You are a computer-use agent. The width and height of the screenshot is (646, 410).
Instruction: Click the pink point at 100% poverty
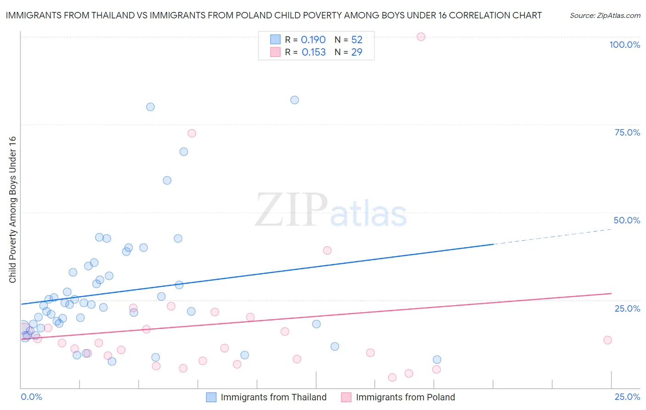[421, 37]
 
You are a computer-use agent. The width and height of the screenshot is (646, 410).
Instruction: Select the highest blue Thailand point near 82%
[295, 100]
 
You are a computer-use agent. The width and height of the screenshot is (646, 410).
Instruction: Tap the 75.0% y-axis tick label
[627, 132]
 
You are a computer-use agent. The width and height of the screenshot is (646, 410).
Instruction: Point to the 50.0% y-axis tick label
[627, 220]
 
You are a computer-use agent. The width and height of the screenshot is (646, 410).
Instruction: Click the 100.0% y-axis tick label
[624, 45]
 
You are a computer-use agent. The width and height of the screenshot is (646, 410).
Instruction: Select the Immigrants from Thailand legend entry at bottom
[273, 398]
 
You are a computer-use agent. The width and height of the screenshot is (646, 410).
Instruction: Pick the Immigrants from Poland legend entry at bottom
[405, 398]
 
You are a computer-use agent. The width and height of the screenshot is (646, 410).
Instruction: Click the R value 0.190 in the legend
[313, 40]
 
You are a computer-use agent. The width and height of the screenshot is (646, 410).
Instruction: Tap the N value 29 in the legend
[357, 52]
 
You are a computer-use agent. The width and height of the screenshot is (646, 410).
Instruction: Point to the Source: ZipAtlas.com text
[605, 15]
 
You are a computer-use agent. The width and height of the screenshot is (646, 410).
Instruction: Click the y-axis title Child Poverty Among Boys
[13, 210]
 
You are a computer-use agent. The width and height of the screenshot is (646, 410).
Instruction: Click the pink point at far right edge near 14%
[607, 340]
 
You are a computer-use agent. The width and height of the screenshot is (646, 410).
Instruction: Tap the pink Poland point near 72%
[192, 133]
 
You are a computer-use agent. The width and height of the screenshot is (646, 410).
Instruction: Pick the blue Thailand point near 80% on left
[150, 107]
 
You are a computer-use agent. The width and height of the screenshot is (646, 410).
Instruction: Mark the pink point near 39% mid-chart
[327, 251]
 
